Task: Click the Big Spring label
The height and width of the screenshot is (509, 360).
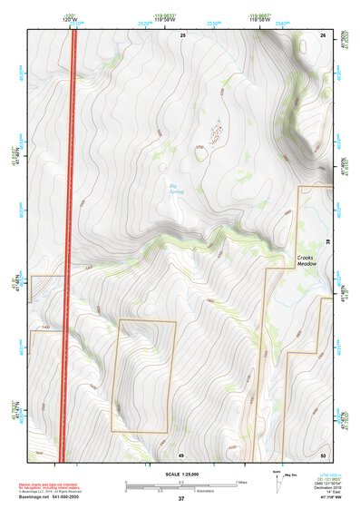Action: click(173, 188)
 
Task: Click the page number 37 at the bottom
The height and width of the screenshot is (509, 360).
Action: click(181, 498)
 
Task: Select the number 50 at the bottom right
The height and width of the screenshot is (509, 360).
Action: click(323, 455)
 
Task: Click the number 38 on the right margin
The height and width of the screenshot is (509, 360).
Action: click(328, 240)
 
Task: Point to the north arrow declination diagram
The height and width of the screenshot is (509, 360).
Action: click(277, 479)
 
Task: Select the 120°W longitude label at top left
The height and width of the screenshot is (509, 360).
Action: click(70, 18)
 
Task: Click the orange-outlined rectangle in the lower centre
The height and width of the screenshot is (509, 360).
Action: click(142, 375)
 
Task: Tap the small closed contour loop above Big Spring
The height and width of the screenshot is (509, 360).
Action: click(201, 151)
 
